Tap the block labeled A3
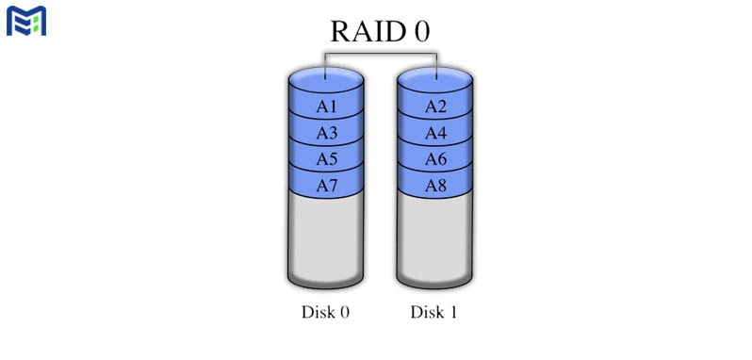(326, 133)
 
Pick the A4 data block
(434, 133)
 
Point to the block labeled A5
(326, 159)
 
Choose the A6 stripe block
(434, 159)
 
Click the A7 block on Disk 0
(326, 186)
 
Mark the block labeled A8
(434, 186)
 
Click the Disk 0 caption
(326, 312)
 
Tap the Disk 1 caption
(434, 312)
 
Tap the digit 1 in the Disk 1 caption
(453, 312)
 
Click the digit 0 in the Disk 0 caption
(344, 312)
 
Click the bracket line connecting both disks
(381, 55)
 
